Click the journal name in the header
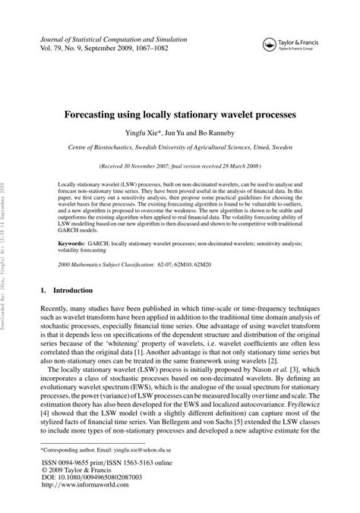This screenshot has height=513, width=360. (106, 37)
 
